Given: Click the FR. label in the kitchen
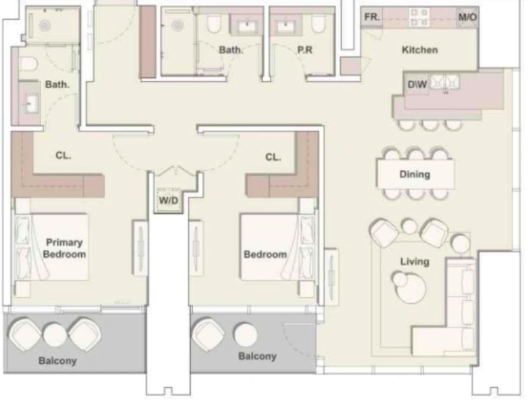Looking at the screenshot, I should [x=371, y=16].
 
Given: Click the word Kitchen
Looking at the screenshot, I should [x=419, y=49].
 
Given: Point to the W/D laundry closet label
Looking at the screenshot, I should [x=168, y=201].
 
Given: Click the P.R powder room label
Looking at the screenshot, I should [x=303, y=49].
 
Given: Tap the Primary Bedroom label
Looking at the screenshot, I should [x=64, y=248].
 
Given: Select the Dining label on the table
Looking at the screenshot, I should [x=414, y=174].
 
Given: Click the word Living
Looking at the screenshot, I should [x=414, y=261].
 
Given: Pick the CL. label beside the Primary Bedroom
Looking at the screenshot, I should [x=64, y=156].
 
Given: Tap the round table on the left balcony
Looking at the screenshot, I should [x=54, y=333].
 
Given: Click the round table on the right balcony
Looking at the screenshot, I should [x=245, y=334].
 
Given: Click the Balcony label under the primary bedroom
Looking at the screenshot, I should [x=57, y=361].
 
